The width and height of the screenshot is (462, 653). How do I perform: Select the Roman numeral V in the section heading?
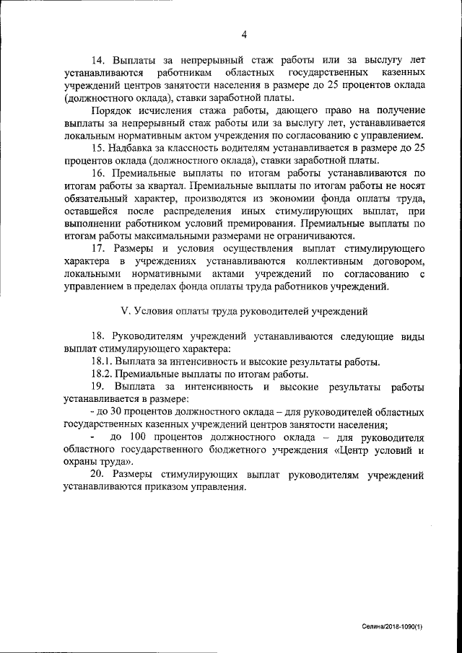coord(123,312)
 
